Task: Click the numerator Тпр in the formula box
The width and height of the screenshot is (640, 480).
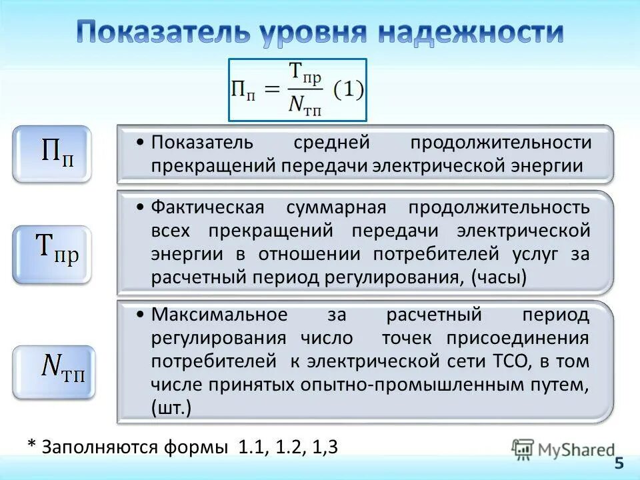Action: (305, 74)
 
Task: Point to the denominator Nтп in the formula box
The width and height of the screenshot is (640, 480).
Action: (305, 105)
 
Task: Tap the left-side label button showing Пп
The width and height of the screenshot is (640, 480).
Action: (51, 154)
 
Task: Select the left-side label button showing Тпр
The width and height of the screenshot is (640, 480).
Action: (51, 254)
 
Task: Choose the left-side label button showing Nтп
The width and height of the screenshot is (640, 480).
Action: (54, 371)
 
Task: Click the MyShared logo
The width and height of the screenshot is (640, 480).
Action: (563, 449)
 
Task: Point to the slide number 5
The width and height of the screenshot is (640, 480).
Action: (619, 464)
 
